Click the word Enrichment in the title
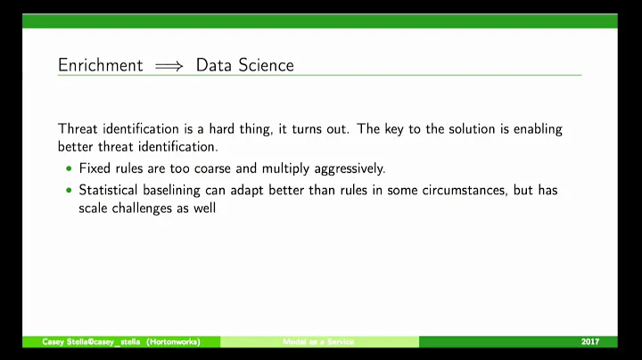[x=99, y=65]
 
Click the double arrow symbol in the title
[x=168, y=66]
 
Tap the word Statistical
[x=111, y=191]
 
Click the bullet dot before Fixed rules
[x=70, y=168]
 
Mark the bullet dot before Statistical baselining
[x=70, y=192]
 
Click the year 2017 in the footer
[x=589, y=342]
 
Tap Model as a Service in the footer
[x=318, y=342]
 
